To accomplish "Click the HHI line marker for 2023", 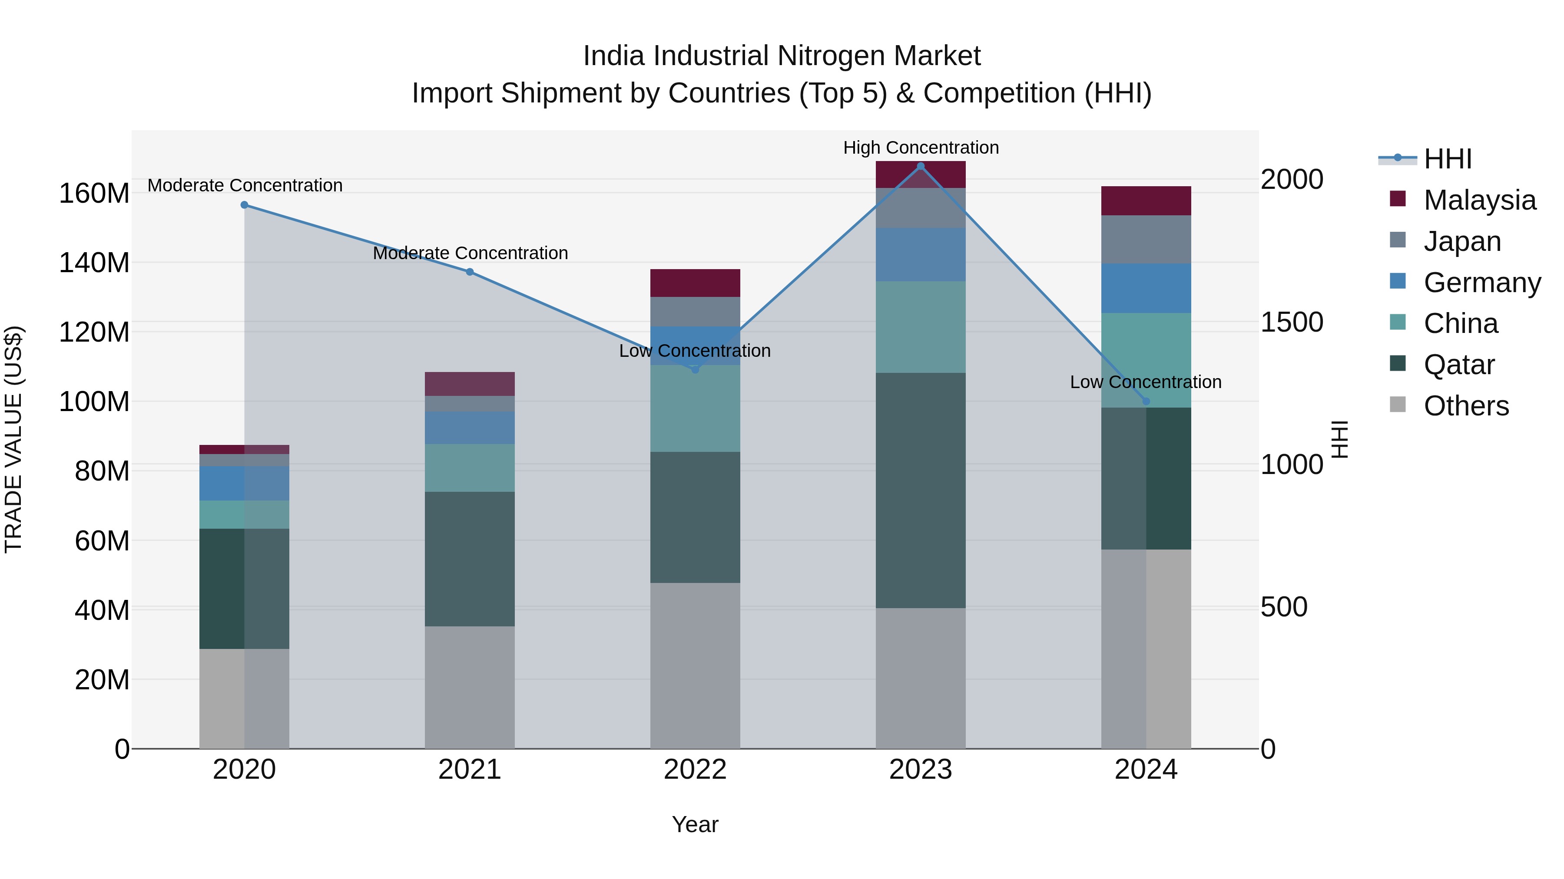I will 921,166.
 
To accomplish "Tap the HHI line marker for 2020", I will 245,205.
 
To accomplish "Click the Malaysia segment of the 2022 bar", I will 695,283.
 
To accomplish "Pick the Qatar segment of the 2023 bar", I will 921,490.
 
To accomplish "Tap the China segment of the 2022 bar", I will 695,408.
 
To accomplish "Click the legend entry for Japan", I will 1462,241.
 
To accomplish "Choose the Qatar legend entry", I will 1458,365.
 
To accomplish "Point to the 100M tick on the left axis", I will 94,402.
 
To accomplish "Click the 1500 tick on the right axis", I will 1292,322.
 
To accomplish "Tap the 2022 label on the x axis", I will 695,770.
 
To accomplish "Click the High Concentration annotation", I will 921,148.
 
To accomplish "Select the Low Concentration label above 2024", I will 1146,382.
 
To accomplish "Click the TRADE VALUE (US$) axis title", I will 14,439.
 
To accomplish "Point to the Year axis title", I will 695,824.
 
